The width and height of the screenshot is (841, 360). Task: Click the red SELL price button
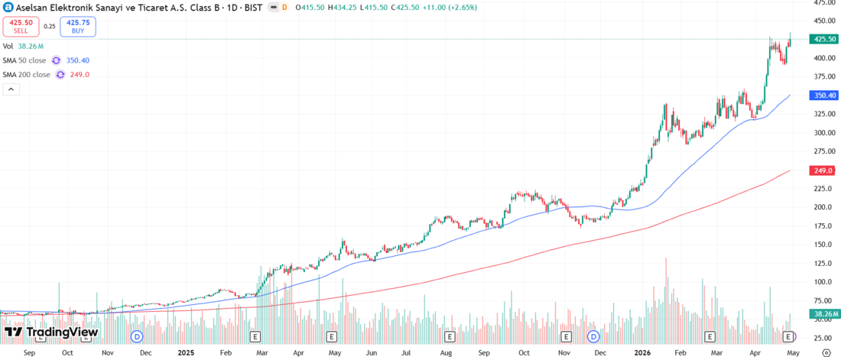coord(21,26)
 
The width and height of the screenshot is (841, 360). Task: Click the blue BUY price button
coord(79,26)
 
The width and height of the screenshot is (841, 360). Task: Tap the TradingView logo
coord(51,332)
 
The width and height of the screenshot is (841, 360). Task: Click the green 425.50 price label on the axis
coord(824,39)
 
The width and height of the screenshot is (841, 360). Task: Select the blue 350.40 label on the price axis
coord(824,96)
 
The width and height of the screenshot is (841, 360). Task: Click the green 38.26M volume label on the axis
coord(824,314)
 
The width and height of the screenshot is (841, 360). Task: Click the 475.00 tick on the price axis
coord(824,2)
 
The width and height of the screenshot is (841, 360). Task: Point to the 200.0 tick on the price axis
coord(823,207)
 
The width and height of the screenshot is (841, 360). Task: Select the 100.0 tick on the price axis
coord(823,282)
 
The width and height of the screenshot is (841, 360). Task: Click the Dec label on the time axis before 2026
coord(601,353)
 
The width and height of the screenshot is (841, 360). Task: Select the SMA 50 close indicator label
coord(24,60)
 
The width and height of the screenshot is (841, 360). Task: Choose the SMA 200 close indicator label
coord(26,75)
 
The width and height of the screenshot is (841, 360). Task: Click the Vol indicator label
coord(8,47)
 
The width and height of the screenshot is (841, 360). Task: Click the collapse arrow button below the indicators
coord(11,89)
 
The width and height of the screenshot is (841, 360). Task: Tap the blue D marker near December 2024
coord(137,336)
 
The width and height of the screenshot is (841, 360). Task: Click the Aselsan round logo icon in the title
coord(8,7)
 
